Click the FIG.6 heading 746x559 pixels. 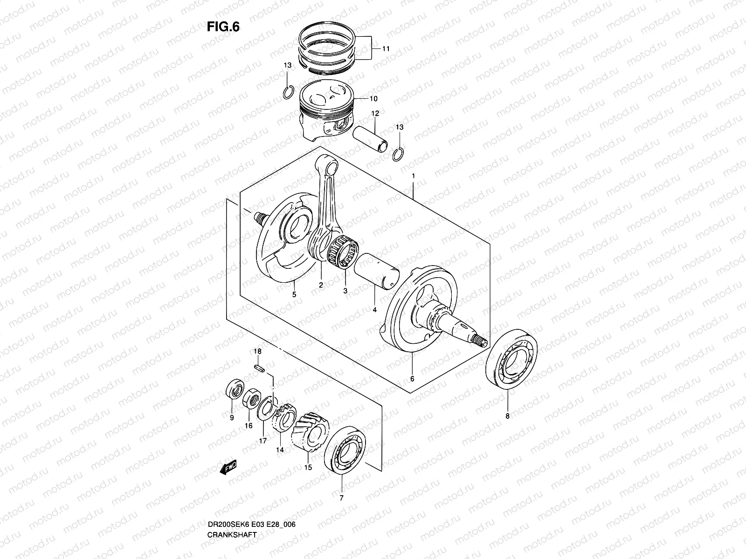point(223,27)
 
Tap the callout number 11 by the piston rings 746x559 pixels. point(386,48)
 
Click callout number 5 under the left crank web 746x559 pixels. point(294,294)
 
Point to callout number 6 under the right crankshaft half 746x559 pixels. point(412,379)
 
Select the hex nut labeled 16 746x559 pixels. point(252,397)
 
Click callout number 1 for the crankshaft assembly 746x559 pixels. point(413,176)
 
